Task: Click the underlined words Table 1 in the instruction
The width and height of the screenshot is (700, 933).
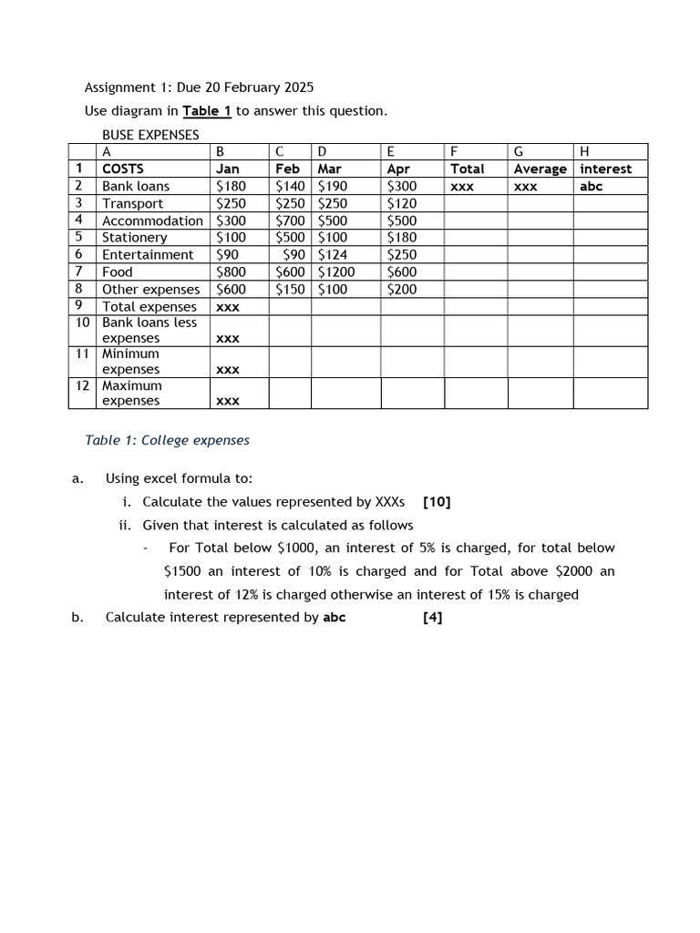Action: (x=207, y=111)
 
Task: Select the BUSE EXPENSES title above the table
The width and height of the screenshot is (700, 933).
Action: (x=150, y=135)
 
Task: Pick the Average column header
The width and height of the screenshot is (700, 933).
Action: (x=540, y=169)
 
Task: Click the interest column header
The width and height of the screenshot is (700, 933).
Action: (x=605, y=169)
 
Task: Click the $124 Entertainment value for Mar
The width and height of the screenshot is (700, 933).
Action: (x=332, y=255)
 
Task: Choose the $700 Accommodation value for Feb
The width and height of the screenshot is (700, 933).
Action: (x=291, y=220)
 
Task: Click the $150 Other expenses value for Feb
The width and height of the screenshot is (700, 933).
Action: (x=291, y=289)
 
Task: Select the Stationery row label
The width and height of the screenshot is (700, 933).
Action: (x=134, y=238)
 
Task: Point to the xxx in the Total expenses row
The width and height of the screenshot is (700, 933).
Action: (x=227, y=307)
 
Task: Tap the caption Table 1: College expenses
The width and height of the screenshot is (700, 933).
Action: (x=167, y=440)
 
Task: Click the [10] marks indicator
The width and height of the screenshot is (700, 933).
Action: (x=437, y=502)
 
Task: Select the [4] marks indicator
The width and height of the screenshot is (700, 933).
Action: (x=433, y=617)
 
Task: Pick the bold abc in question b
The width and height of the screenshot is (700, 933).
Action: (x=334, y=617)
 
